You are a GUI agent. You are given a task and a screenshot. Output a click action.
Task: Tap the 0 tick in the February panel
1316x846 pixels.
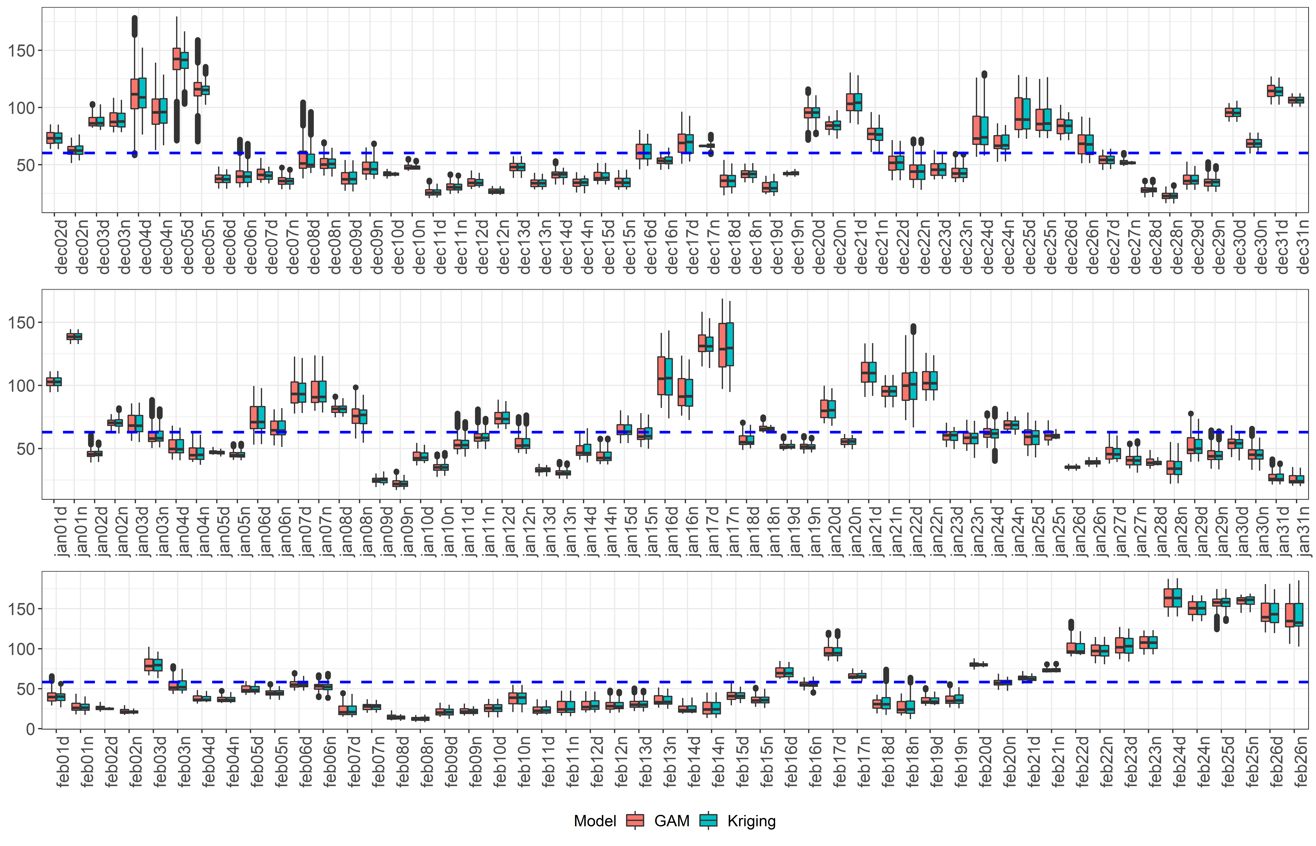point(30,729)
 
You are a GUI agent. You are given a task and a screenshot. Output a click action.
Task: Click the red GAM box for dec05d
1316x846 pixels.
point(177,59)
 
